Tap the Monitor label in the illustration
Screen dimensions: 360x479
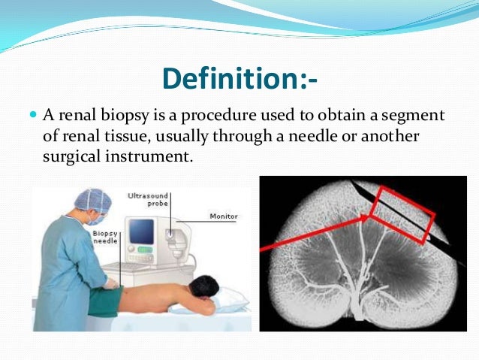[224, 216]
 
